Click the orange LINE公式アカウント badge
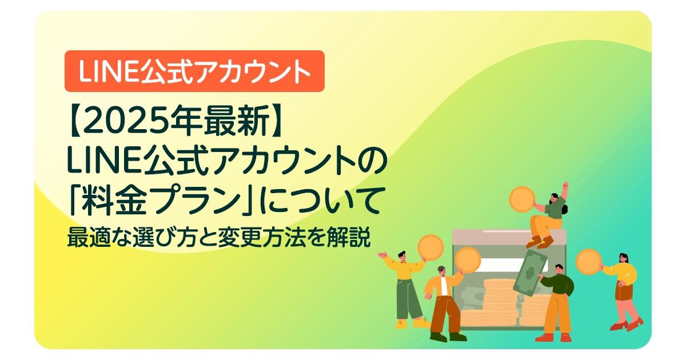coord(194,71)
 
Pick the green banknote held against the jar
coord(530,273)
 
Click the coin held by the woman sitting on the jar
coord(521,199)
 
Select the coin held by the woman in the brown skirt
coord(588,261)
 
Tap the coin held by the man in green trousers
coord(430,247)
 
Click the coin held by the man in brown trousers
coord(468,260)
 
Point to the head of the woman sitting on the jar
coord(555,199)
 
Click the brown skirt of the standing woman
coord(623,291)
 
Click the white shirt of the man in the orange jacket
coord(444,286)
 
